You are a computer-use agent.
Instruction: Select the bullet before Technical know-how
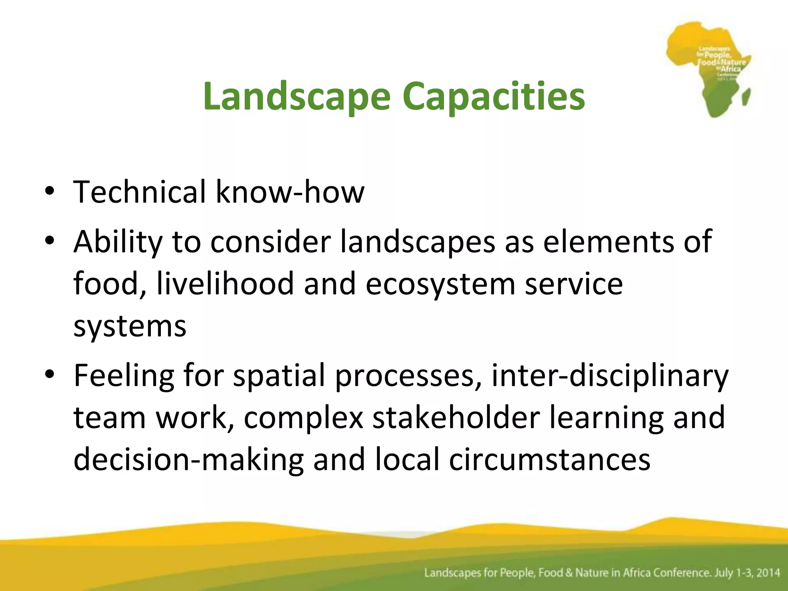(x=49, y=191)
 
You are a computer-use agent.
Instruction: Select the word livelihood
(x=225, y=284)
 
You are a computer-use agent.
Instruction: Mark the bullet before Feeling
(x=49, y=374)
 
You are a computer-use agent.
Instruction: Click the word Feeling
(x=124, y=376)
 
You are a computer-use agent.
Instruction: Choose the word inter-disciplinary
(x=610, y=376)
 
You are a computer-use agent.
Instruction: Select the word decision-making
(x=189, y=460)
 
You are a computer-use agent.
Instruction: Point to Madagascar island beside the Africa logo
(x=746, y=97)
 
